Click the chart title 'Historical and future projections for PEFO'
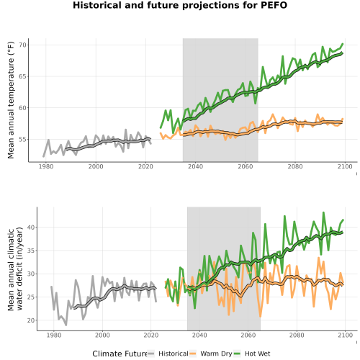pyautogui.click(x=180, y=5)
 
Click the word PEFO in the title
pyautogui.click(x=274, y=5)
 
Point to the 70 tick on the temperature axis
pyautogui.click(x=24, y=45)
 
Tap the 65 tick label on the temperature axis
pyautogui.click(x=24, y=76)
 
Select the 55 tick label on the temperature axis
pyautogui.click(x=24, y=139)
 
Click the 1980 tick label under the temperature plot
pyautogui.click(x=46, y=166)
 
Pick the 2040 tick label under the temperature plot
pyautogui.click(x=195, y=166)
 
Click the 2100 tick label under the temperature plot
pyautogui.click(x=345, y=166)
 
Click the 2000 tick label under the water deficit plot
pyautogui.click(x=102, y=335)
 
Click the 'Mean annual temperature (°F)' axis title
pyautogui.click(x=11, y=100)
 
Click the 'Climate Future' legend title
pyautogui.click(x=120, y=354)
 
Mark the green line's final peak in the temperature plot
pyautogui.click(x=343, y=44)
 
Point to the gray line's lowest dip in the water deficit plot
pyautogui.click(x=66, y=325)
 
